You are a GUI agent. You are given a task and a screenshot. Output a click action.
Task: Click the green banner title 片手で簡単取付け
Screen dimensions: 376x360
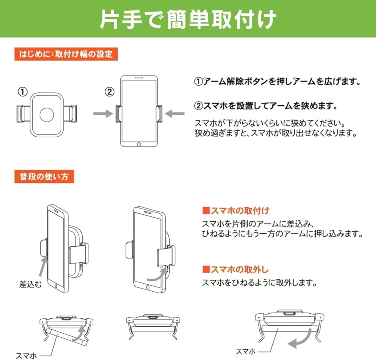click(x=188, y=19)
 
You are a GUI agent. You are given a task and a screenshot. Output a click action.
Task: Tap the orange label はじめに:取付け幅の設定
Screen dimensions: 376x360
click(x=66, y=54)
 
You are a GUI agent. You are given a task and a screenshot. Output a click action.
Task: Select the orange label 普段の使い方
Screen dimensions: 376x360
click(x=44, y=177)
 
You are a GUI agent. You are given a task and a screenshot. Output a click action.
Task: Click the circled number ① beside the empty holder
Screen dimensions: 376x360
click(x=23, y=92)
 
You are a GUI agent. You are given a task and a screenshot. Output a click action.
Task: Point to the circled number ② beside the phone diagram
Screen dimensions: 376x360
click(x=110, y=92)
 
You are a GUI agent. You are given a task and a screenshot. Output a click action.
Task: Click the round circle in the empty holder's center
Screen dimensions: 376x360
click(x=47, y=115)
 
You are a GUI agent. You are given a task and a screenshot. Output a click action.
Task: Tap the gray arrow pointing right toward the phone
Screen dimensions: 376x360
click(x=103, y=114)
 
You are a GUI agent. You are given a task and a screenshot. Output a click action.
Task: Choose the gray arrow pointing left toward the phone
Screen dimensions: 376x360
click(x=174, y=114)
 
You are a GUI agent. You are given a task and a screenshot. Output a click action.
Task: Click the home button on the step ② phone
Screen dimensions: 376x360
click(x=139, y=144)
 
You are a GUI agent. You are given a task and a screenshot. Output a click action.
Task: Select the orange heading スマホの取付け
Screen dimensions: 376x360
click(x=236, y=210)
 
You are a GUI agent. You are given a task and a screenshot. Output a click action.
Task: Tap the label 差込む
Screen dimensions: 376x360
click(x=30, y=284)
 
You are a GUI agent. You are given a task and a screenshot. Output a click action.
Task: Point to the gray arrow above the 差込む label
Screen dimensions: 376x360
click(x=43, y=266)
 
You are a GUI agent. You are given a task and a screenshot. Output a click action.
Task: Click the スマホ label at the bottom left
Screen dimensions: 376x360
click(x=26, y=356)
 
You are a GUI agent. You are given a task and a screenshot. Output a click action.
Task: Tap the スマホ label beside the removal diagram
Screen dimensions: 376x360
click(x=246, y=351)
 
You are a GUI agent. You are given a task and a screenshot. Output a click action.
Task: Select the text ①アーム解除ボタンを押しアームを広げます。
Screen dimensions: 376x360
click(x=278, y=82)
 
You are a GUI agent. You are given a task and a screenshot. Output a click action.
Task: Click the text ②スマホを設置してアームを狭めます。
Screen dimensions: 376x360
click(x=266, y=106)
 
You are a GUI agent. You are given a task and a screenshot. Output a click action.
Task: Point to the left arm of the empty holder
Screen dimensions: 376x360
click(x=24, y=114)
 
